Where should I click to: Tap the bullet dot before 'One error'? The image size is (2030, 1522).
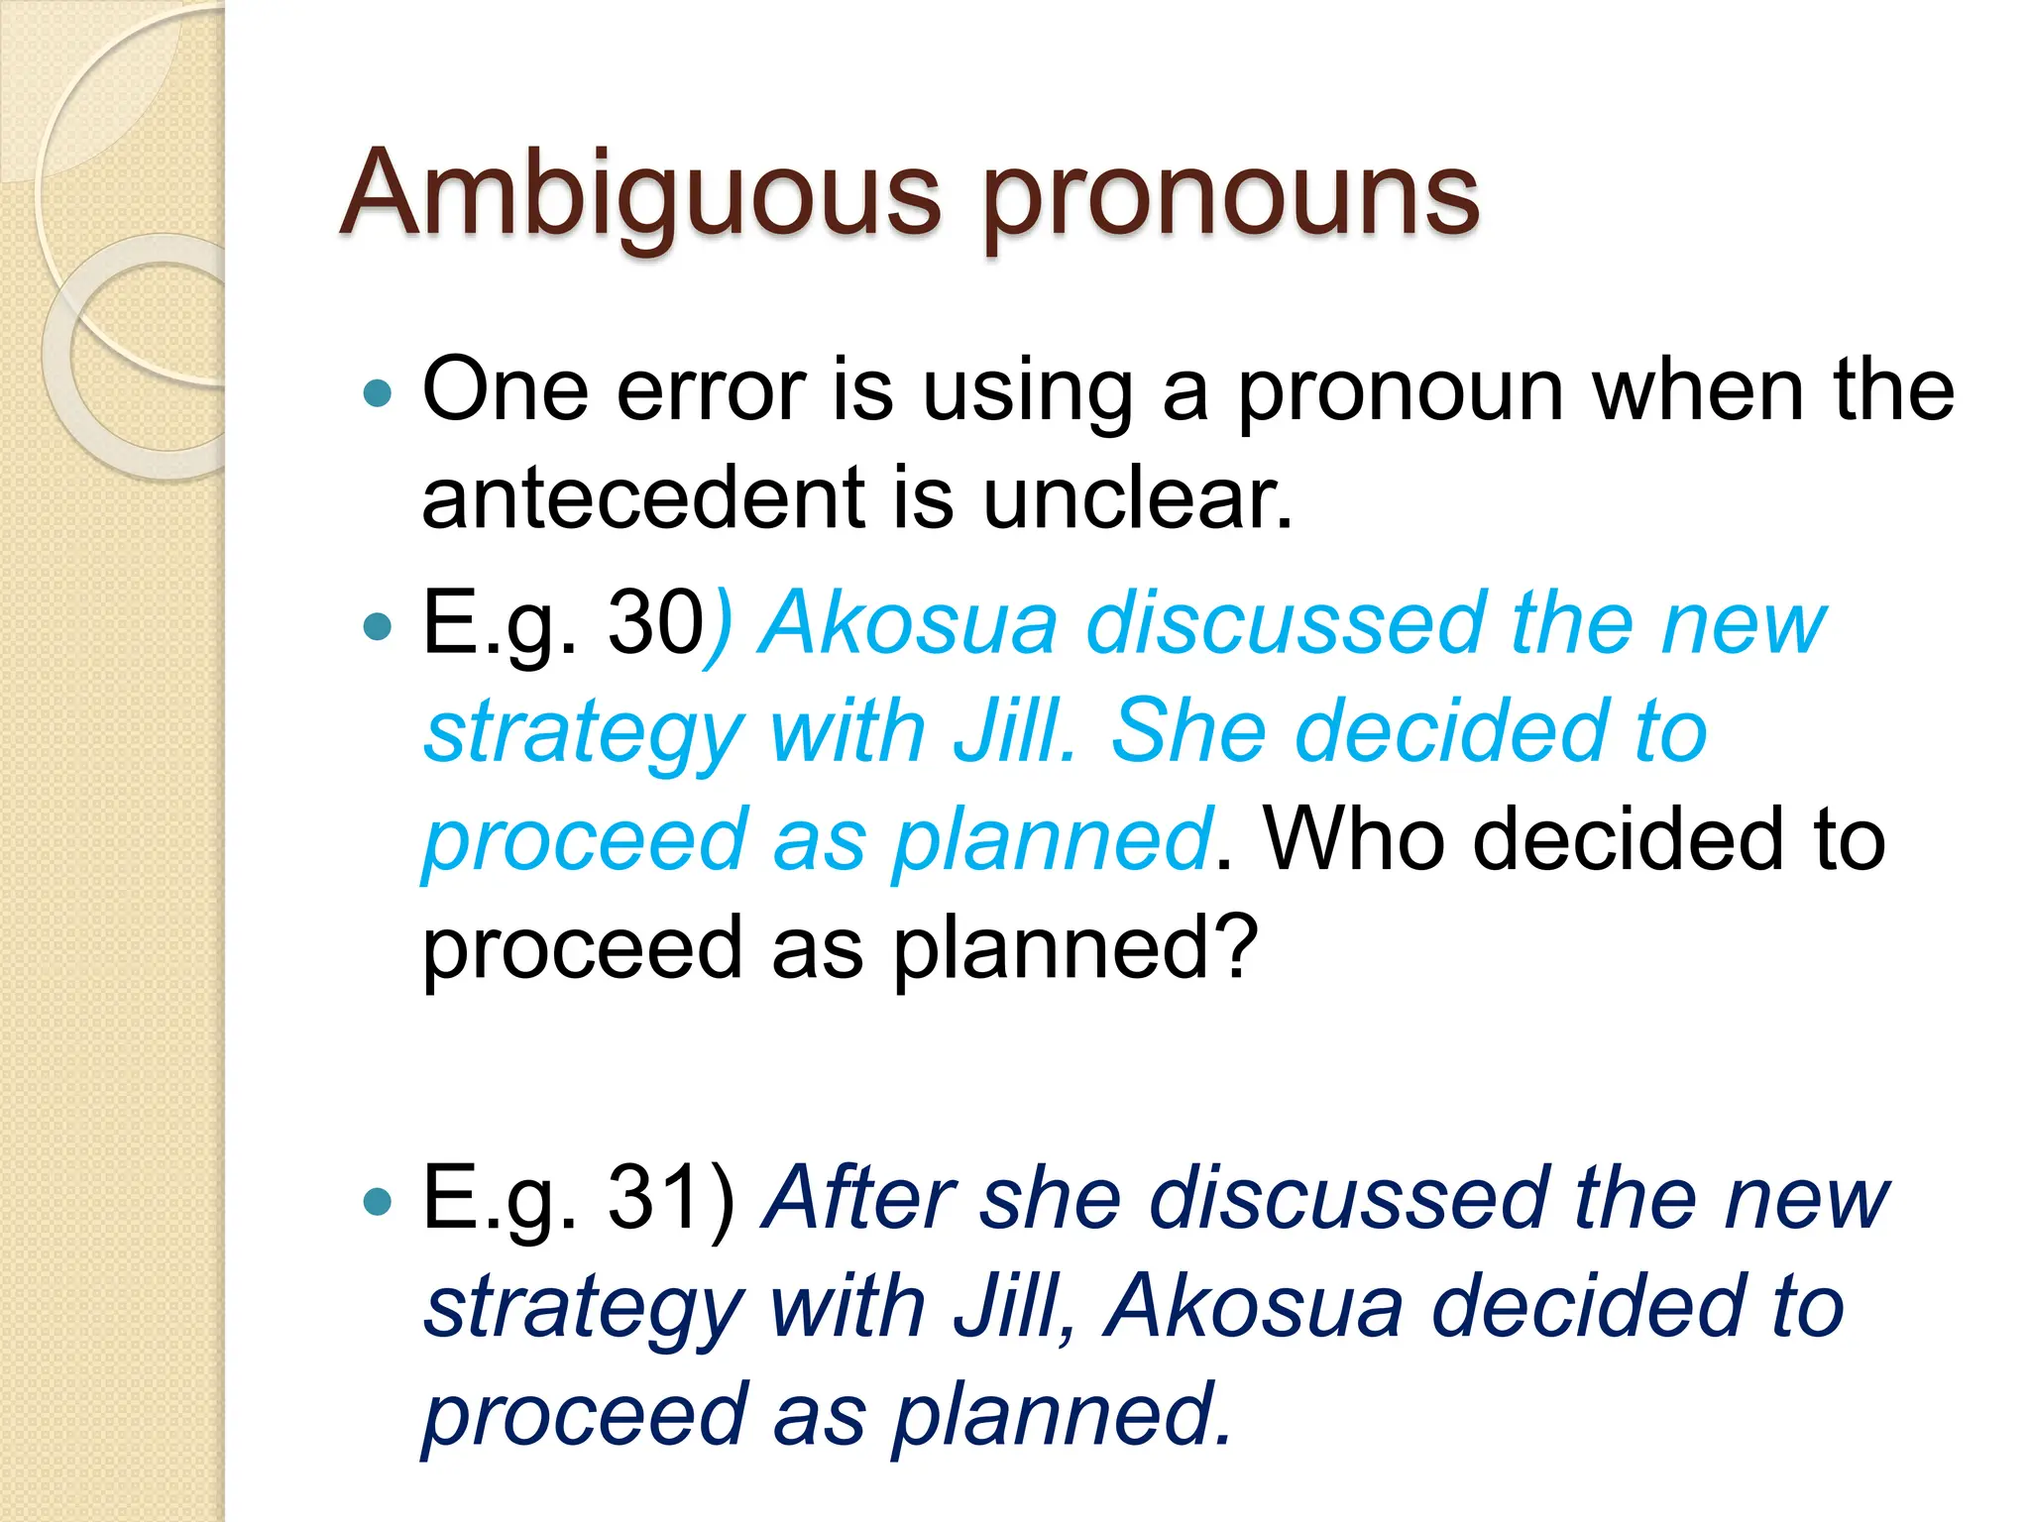378,393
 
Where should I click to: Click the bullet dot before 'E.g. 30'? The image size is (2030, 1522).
378,625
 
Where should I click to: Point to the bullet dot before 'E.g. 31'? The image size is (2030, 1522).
378,1201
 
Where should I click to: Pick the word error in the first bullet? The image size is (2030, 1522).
711,390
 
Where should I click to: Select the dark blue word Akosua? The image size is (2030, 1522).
1254,1306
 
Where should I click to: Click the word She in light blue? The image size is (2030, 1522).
1188,730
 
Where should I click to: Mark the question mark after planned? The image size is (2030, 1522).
1237,945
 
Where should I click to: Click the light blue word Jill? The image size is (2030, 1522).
1013,730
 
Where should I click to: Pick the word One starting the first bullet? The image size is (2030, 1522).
505,390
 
